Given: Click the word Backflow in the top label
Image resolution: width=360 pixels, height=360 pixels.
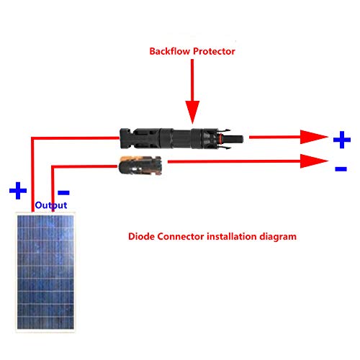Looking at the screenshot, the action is [x=170, y=51].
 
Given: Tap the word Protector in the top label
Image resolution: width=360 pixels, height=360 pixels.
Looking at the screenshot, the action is [x=214, y=51].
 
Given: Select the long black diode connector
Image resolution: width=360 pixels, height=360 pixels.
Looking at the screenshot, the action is [x=181, y=139].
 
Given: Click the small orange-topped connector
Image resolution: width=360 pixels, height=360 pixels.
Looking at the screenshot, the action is [x=140, y=166].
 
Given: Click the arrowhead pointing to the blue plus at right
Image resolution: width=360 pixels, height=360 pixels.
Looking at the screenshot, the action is [x=314, y=137].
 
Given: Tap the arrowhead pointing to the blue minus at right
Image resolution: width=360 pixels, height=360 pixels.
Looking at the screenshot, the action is [x=314, y=161].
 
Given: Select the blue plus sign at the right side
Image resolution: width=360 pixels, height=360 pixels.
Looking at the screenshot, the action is [x=342, y=140].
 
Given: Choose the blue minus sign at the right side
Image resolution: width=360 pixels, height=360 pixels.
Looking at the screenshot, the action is [x=341, y=168].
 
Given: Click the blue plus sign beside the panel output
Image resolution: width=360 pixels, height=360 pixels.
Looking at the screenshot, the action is [x=18, y=191].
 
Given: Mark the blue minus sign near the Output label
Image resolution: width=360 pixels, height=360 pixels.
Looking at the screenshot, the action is [x=63, y=192].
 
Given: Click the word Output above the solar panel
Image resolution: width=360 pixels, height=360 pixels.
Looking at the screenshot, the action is [x=51, y=205].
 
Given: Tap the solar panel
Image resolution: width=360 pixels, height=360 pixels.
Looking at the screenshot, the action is [x=45, y=272].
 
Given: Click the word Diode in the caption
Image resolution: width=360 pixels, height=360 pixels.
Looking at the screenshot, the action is [x=141, y=236].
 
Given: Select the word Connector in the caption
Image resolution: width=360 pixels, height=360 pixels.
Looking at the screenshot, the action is [x=181, y=236].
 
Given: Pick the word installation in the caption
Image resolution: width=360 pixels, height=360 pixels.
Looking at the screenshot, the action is [x=232, y=236].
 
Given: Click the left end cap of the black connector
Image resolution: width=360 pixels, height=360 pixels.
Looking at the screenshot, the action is [x=125, y=138].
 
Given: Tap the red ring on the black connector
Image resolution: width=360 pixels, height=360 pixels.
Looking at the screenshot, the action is [x=220, y=139].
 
